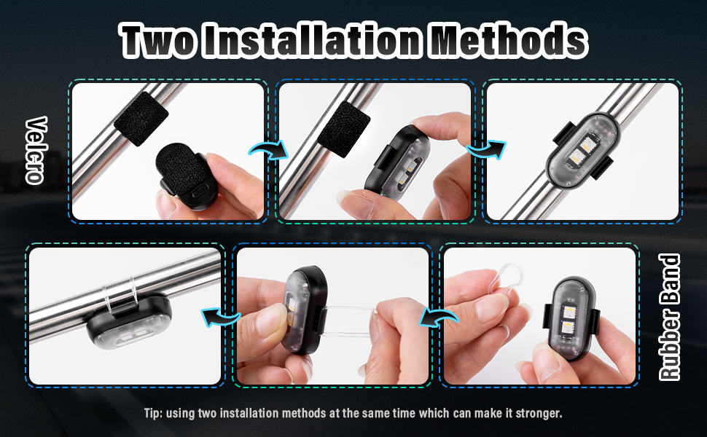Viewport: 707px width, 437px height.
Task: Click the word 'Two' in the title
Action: coord(159,41)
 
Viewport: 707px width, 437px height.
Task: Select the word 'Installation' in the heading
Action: coord(311,41)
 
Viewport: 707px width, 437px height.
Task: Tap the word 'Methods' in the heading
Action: coord(507,41)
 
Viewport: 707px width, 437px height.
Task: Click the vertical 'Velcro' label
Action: coord(36,150)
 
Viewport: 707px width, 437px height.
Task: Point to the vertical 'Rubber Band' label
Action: coord(670,317)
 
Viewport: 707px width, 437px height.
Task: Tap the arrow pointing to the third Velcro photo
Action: coord(486,150)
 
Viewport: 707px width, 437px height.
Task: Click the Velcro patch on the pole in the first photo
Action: coord(141,119)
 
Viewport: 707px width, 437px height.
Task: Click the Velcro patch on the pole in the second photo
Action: coord(343,129)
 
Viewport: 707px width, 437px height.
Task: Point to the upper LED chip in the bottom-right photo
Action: coord(568,311)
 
